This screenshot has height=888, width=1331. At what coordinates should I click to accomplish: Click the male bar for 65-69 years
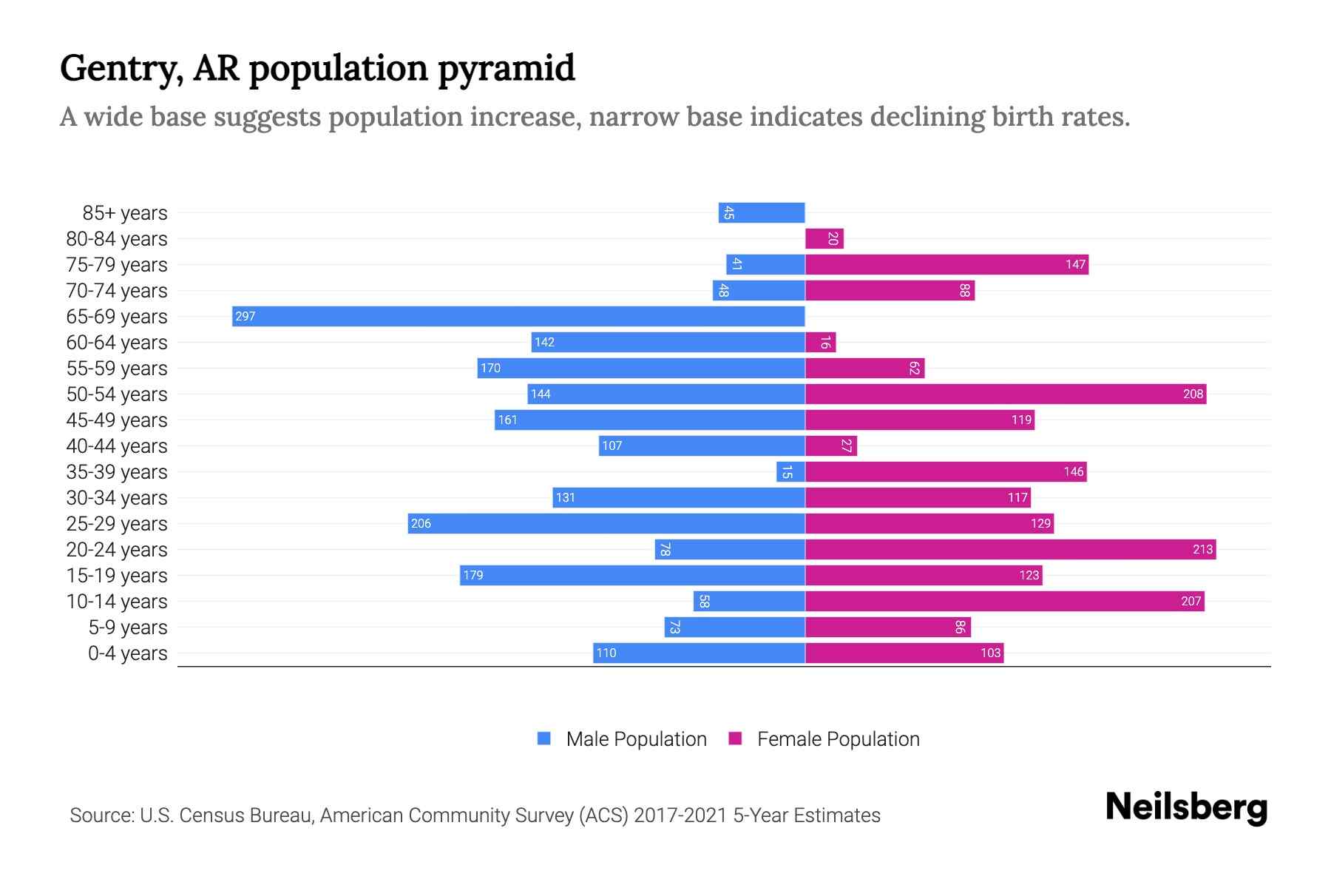tap(518, 316)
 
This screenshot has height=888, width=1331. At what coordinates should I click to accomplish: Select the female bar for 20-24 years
tap(1010, 549)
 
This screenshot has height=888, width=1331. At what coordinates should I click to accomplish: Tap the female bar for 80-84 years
tap(824, 238)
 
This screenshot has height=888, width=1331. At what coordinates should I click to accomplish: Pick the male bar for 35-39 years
tap(790, 471)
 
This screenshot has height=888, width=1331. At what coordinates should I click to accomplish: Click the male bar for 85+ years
tap(762, 212)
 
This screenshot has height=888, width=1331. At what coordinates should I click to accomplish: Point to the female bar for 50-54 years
tap(1006, 394)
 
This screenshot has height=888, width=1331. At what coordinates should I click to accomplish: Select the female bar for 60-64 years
tap(820, 342)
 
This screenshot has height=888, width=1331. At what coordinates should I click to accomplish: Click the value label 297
tap(245, 317)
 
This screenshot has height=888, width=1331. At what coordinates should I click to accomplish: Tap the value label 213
tap(1202, 549)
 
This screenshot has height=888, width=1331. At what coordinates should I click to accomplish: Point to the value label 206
tap(421, 524)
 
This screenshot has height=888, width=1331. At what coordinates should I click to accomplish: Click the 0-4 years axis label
tap(127, 653)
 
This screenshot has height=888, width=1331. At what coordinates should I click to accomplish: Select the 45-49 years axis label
tap(117, 420)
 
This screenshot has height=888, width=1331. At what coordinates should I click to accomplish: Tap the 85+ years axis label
tap(125, 213)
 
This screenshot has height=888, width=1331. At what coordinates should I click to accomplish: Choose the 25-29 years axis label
tap(117, 524)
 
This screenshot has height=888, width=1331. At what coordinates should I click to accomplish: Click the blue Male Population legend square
tap(544, 739)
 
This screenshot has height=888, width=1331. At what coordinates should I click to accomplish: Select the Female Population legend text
tap(838, 739)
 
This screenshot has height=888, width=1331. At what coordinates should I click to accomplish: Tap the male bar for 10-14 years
tap(749, 601)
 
